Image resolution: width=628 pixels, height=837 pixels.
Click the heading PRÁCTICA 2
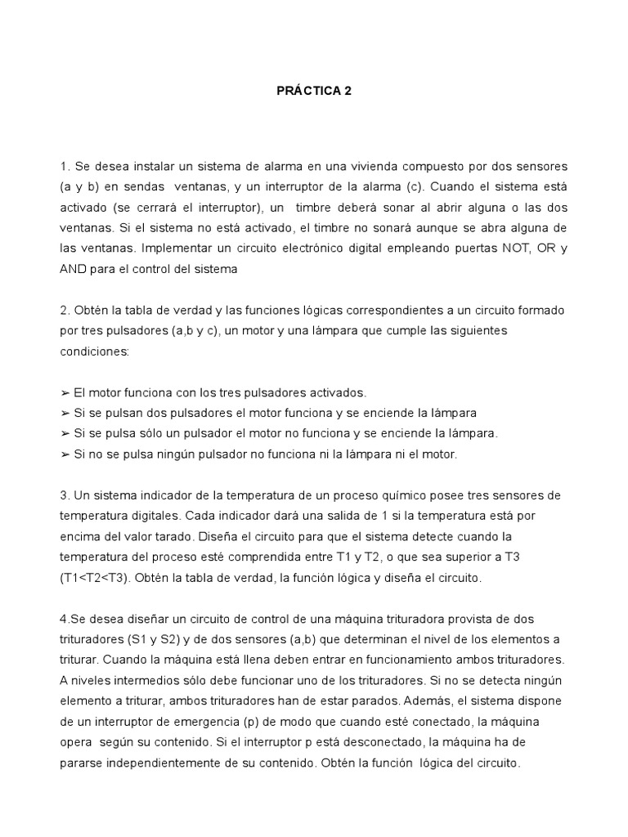tap(313, 92)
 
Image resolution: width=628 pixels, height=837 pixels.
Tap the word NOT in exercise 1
tap(506, 247)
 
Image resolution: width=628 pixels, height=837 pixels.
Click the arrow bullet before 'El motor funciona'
tap(65, 392)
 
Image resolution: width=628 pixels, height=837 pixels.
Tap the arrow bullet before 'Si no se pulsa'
tap(65, 453)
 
